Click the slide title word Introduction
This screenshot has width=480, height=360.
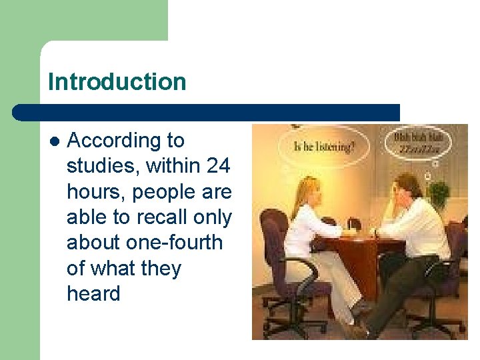point(117,82)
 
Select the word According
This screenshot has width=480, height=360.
point(126,141)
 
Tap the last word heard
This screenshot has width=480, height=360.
point(93,293)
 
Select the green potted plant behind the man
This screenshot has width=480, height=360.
point(438,194)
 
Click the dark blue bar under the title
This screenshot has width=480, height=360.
point(207,113)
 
